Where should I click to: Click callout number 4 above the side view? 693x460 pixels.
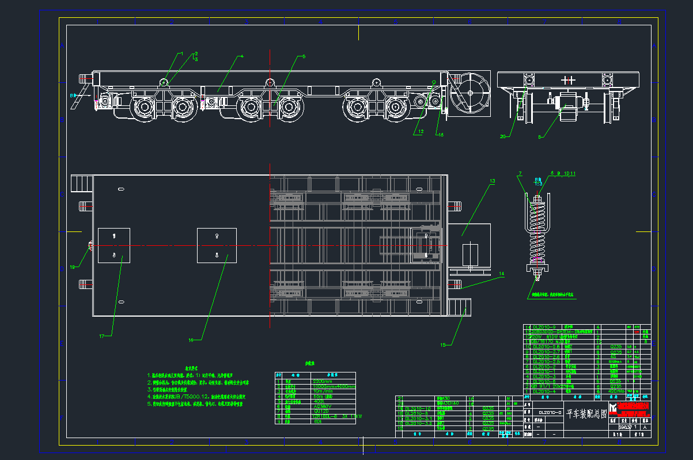click(243, 56)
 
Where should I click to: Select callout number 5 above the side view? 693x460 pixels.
click(304, 56)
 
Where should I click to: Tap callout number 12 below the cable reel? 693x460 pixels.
click(421, 132)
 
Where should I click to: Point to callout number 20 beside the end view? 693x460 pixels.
click(502, 136)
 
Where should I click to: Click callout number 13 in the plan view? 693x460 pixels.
click(492, 181)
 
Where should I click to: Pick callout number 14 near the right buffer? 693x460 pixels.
click(501, 273)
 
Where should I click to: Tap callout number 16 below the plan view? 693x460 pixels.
click(191, 340)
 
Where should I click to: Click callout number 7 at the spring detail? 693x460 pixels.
click(520, 173)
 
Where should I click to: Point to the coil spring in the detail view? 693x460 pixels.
click(537, 230)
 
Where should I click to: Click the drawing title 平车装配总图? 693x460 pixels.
click(586, 413)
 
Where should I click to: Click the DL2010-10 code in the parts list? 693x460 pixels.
click(418, 408)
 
